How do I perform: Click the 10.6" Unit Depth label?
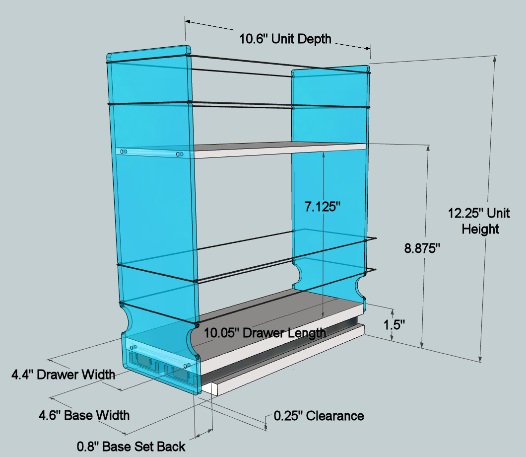pos(285,39)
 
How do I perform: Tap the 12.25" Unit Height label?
pos(479,221)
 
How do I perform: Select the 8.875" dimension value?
pos(422,248)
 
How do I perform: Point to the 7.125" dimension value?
pos(323,207)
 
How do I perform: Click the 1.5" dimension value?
pos(394,325)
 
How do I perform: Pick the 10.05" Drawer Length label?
pos(265,333)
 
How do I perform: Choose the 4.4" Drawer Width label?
pos(64,375)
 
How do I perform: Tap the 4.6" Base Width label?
pos(84,415)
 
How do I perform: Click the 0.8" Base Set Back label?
pos(131,447)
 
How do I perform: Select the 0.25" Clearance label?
pos(319,416)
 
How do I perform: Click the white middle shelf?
pos(279,150)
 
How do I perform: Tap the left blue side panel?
pos(153,202)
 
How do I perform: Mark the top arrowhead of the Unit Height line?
pos(494,58)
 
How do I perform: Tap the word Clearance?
pos(335,416)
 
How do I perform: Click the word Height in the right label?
pos(480,229)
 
